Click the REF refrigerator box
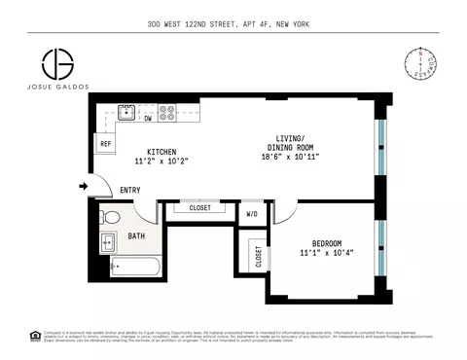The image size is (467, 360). click(105, 144)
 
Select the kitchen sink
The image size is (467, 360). click(126, 113)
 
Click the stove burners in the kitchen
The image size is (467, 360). click(166, 113)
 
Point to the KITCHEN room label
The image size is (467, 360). click(162, 152)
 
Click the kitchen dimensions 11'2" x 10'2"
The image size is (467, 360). click(162, 162)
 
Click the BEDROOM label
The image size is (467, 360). click(327, 242)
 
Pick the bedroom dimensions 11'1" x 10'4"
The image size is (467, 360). click(327, 254)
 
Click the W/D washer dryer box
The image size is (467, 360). click(252, 214)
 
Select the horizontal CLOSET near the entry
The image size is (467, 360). click(199, 207)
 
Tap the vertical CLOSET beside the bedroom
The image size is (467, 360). click(258, 256)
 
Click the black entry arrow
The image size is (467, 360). click(83, 186)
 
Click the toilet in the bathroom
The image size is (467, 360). click(110, 217)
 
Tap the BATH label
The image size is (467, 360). click(138, 234)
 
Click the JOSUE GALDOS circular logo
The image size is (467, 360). click(57, 64)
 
